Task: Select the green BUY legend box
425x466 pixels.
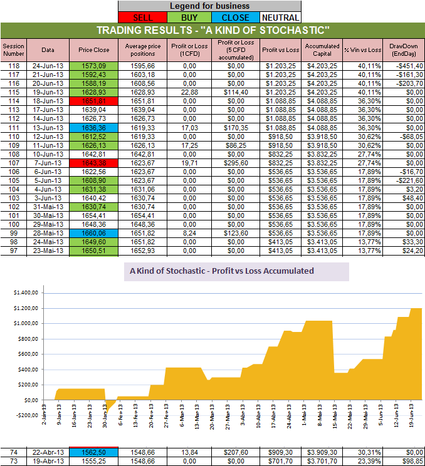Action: pyautogui.click(x=190, y=18)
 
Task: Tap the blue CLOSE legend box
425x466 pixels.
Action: pyautogui.click(x=235, y=18)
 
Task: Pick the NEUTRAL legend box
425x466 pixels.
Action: pyautogui.click(x=280, y=18)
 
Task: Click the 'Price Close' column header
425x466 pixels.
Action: pyautogui.click(x=94, y=49)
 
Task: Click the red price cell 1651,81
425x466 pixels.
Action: pyautogui.click(x=94, y=100)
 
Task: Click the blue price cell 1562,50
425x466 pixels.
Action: pyautogui.click(x=94, y=451)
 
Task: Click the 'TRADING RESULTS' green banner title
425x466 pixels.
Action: pyautogui.click(x=212, y=31)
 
